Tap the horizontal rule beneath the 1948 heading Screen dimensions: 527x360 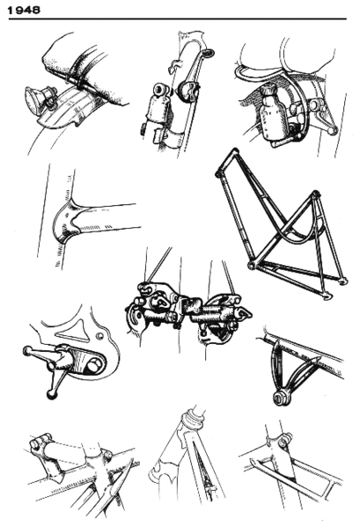[x=176, y=18]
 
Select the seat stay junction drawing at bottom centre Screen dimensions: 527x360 [x=186, y=457]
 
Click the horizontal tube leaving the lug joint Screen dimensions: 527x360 [x=110, y=216]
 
